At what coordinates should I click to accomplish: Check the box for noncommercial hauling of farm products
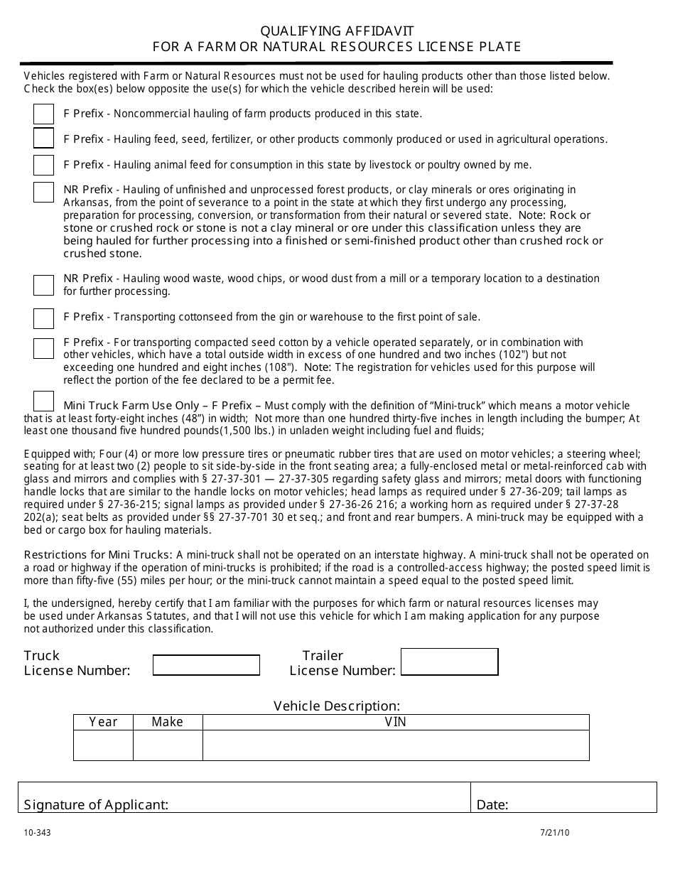(x=43, y=114)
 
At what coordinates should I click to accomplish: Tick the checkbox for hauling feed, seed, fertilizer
(x=43, y=137)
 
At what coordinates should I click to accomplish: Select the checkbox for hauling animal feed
(x=43, y=165)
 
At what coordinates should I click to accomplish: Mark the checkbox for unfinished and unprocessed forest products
(x=43, y=192)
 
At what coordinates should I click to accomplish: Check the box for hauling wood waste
(x=43, y=285)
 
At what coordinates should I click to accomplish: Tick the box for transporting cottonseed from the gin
(x=43, y=318)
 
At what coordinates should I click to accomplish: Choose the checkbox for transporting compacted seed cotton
(x=43, y=348)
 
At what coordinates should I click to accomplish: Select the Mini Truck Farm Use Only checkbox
(x=43, y=401)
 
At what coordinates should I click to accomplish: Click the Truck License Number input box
(x=206, y=665)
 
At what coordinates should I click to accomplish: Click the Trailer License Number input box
(x=449, y=662)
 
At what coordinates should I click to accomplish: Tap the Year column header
(x=103, y=722)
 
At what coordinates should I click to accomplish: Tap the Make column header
(x=168, y=722)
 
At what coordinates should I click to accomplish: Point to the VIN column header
(x=396, y=722)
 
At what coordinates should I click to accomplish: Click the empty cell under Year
(x=103, y=745)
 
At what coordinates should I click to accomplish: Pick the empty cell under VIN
(x=396, y=745)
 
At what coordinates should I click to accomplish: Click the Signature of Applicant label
(x=96, y=804)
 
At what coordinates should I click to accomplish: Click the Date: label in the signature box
(x=492, y=804)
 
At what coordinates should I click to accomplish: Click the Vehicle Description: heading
(x=337, y=706)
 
